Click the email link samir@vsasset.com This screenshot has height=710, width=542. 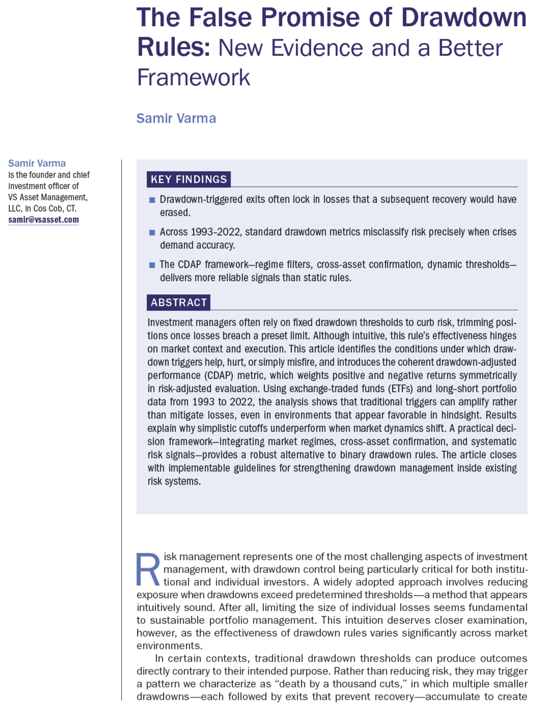(43, 220)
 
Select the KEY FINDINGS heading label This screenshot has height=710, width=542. (189, 179)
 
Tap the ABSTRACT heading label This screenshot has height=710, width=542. (179, 302)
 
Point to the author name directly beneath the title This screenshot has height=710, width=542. (176, 118)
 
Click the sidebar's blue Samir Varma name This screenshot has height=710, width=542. (37, 163)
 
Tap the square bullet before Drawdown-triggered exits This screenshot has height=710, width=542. (152, 200)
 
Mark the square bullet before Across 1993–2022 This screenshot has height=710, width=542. (152, 232)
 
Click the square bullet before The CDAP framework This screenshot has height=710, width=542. (152, 265)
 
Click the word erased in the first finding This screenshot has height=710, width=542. (175, 212)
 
